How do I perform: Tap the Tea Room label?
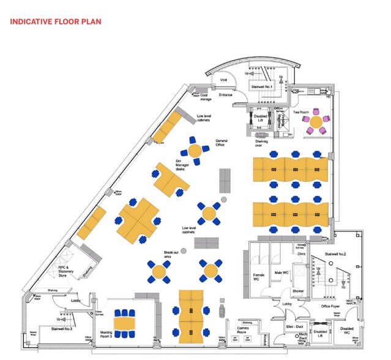pyautogui.click(x=300, y=113)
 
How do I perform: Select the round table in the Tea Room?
pyautogui.click(x=316, y=121)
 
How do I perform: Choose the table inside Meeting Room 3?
pyautogui.click(x=125, y=322)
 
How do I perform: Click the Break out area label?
pyautogui.click(x=171, y=254)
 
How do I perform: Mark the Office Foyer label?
pyautogui.click(x=330, y=306)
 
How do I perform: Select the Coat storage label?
pyautogui.click(x=206, y=97)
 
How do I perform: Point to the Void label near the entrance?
pyautogui.click(x=223, y=80)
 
